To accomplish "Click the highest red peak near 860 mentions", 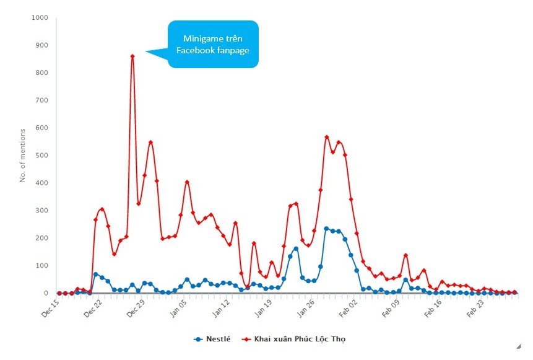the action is click(x=132, y=56).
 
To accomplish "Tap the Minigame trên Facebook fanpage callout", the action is click(x=213, y=44).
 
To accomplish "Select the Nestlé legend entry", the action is click(x=212, y=339).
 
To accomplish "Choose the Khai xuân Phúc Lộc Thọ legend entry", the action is click(x=293, y=339).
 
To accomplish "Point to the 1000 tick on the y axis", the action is click(x=40, y=17).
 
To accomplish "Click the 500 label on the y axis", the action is click(x=41, y=155).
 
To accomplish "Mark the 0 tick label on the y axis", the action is click(x=46, y=293).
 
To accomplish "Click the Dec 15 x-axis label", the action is click(x=50, y=309).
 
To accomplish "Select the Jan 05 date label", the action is click(x=178, y=309).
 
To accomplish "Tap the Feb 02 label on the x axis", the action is click(x=349, y=309).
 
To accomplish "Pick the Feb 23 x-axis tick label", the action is click(x=475, y=309).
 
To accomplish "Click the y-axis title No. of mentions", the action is click(x=22, y=156).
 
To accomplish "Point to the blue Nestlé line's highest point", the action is click(x=326, y=229).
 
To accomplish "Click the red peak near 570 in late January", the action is click(x=327, y=137).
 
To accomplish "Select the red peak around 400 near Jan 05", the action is click(x=187, y=182).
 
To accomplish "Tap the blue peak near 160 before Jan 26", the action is click(x=296, y=248).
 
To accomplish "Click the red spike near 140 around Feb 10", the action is click(x=405, y=255).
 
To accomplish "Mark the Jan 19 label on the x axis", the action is click(x=264, y=309).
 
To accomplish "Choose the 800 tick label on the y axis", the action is click(x=41, y=72).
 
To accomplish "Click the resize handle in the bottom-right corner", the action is click(x=519, y=347).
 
